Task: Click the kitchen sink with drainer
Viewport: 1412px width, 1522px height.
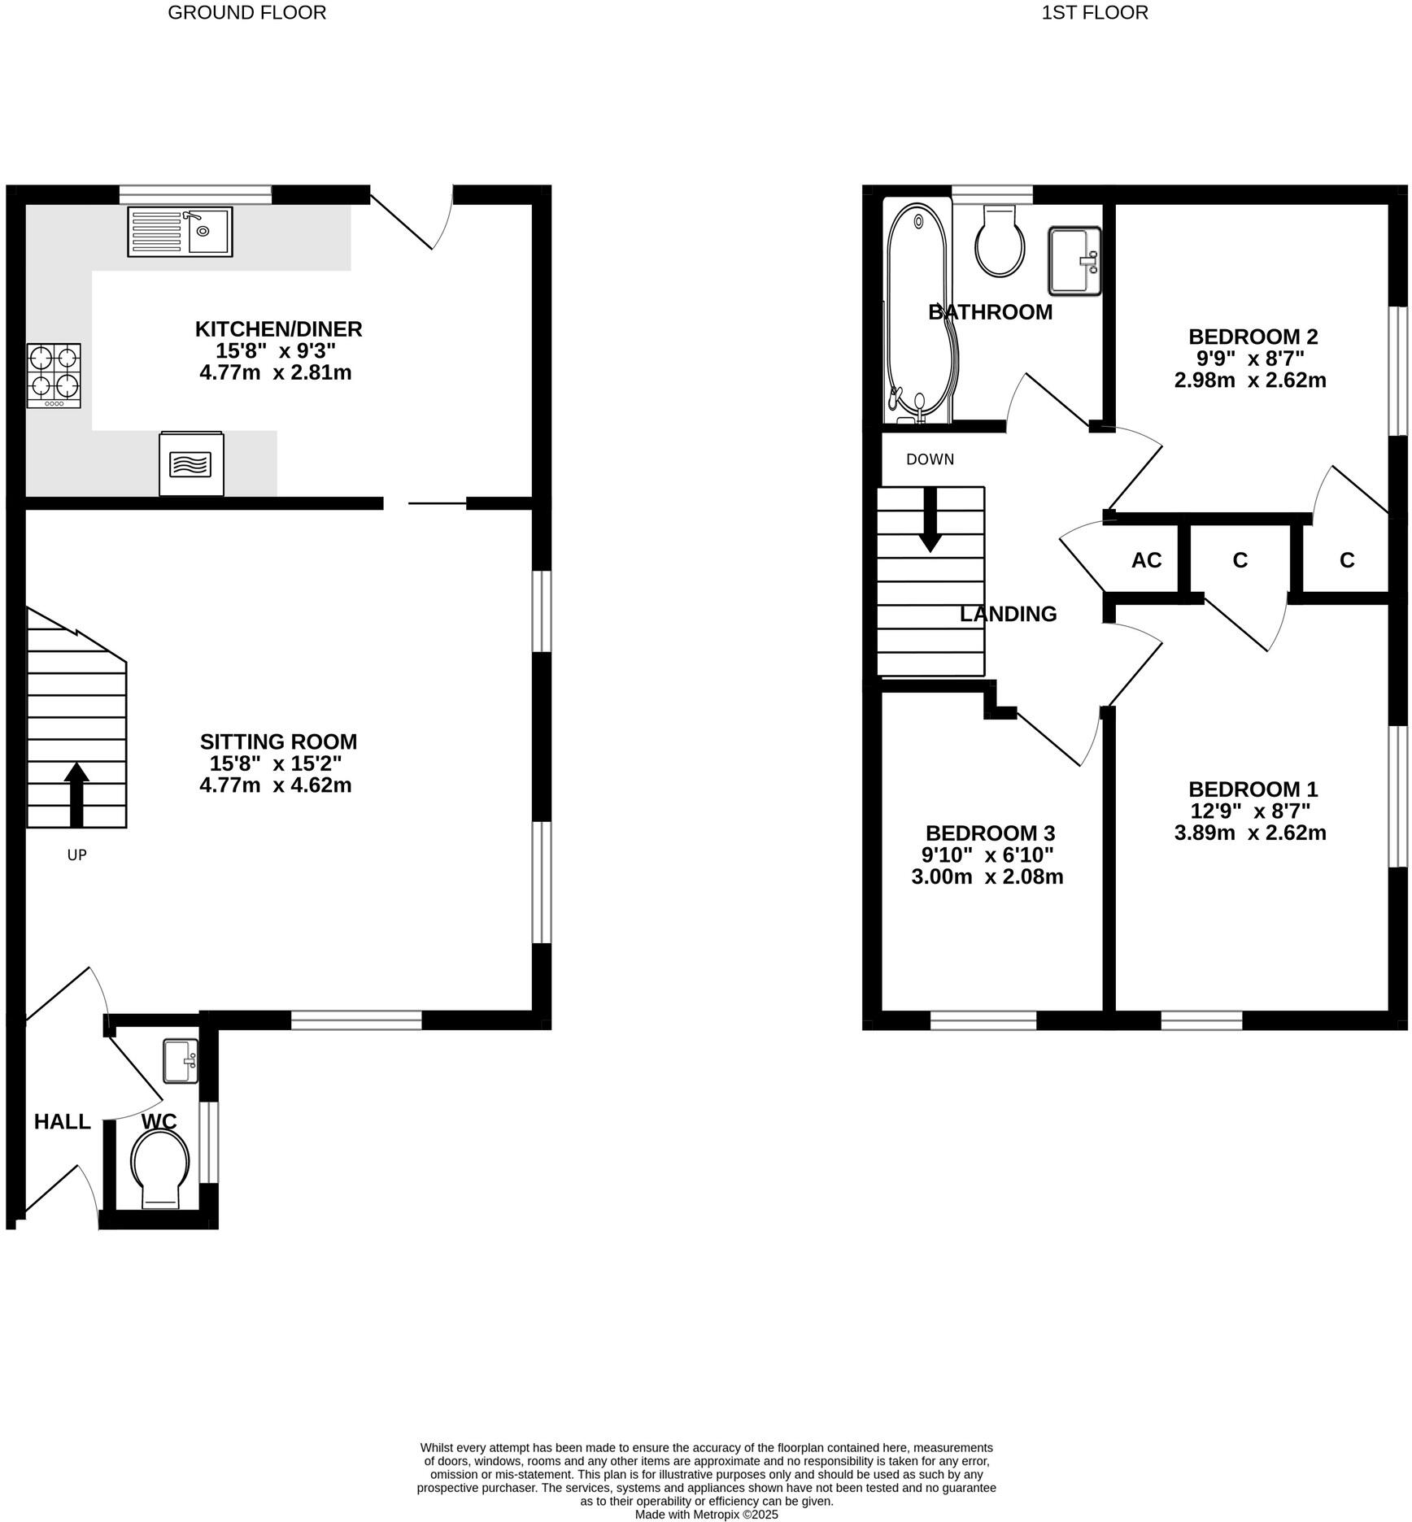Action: click(180, 232)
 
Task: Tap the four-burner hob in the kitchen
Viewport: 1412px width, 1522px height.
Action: click(54, 375)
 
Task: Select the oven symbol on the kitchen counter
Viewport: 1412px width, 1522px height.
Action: click(191, 463)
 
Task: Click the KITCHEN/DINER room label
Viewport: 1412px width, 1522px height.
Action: click(278, 329)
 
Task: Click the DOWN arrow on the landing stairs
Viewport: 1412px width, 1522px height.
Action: click(930, 520)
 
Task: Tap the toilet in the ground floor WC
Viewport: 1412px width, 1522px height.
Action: click(160, 1170)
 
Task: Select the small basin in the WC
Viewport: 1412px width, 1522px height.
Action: click(181, 1061)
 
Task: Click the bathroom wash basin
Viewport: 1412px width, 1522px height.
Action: click(1074, 260)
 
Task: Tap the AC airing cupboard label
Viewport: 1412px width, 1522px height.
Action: click(1146, 560)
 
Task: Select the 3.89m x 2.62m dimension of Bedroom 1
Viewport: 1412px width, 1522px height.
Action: click(1250, 833)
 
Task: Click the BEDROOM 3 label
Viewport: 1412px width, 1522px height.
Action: click(990, 833)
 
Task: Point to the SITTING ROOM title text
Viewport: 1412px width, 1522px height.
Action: click(278, 741)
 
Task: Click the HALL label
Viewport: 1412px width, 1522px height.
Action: click(62, 1122)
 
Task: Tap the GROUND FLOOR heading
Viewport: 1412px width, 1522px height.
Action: click(246, 12)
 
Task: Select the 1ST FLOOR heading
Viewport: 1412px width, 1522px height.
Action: click(1095, 12)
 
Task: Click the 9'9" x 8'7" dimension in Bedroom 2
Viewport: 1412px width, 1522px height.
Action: click(1250, 359)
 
